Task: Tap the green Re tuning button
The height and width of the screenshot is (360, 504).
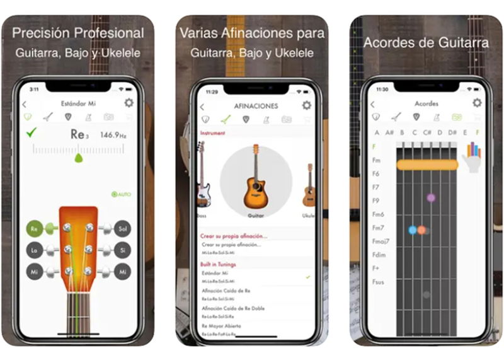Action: [x=35, y=228]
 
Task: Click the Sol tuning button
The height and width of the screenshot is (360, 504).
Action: [x=122, y=228]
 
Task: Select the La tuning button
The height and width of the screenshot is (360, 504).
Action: [x=35, y=250]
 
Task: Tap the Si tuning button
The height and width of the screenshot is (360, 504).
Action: [x=122, y=250]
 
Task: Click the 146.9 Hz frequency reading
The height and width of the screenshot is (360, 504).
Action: [x=113, y=134]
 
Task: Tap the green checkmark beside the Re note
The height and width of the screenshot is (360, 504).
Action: [x=32, y=133]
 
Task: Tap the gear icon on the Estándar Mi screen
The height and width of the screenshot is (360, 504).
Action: [x=129, y=103]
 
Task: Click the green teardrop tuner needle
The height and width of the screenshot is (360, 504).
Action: [x=79, y=158]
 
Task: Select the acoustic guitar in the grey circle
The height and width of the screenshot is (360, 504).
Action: [x=256, y=178]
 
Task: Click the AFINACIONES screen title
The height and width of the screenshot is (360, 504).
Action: [x=256, y=106]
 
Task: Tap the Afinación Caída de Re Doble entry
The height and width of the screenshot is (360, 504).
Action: [x=233, y=308]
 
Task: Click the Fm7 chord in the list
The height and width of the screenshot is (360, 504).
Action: [x=378, y=228]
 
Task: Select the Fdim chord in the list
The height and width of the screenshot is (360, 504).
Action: [x=379, y=255]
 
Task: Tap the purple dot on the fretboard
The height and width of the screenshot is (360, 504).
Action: [x=431, y=198]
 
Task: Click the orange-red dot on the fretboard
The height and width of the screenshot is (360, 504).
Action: [x=421, y=230]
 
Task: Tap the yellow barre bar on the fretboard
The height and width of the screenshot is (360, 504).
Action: [x=427, y=165]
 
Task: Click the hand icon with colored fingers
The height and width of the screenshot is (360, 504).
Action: [x=471, y=157]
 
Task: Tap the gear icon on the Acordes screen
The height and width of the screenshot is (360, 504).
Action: [x=477, y=103]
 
